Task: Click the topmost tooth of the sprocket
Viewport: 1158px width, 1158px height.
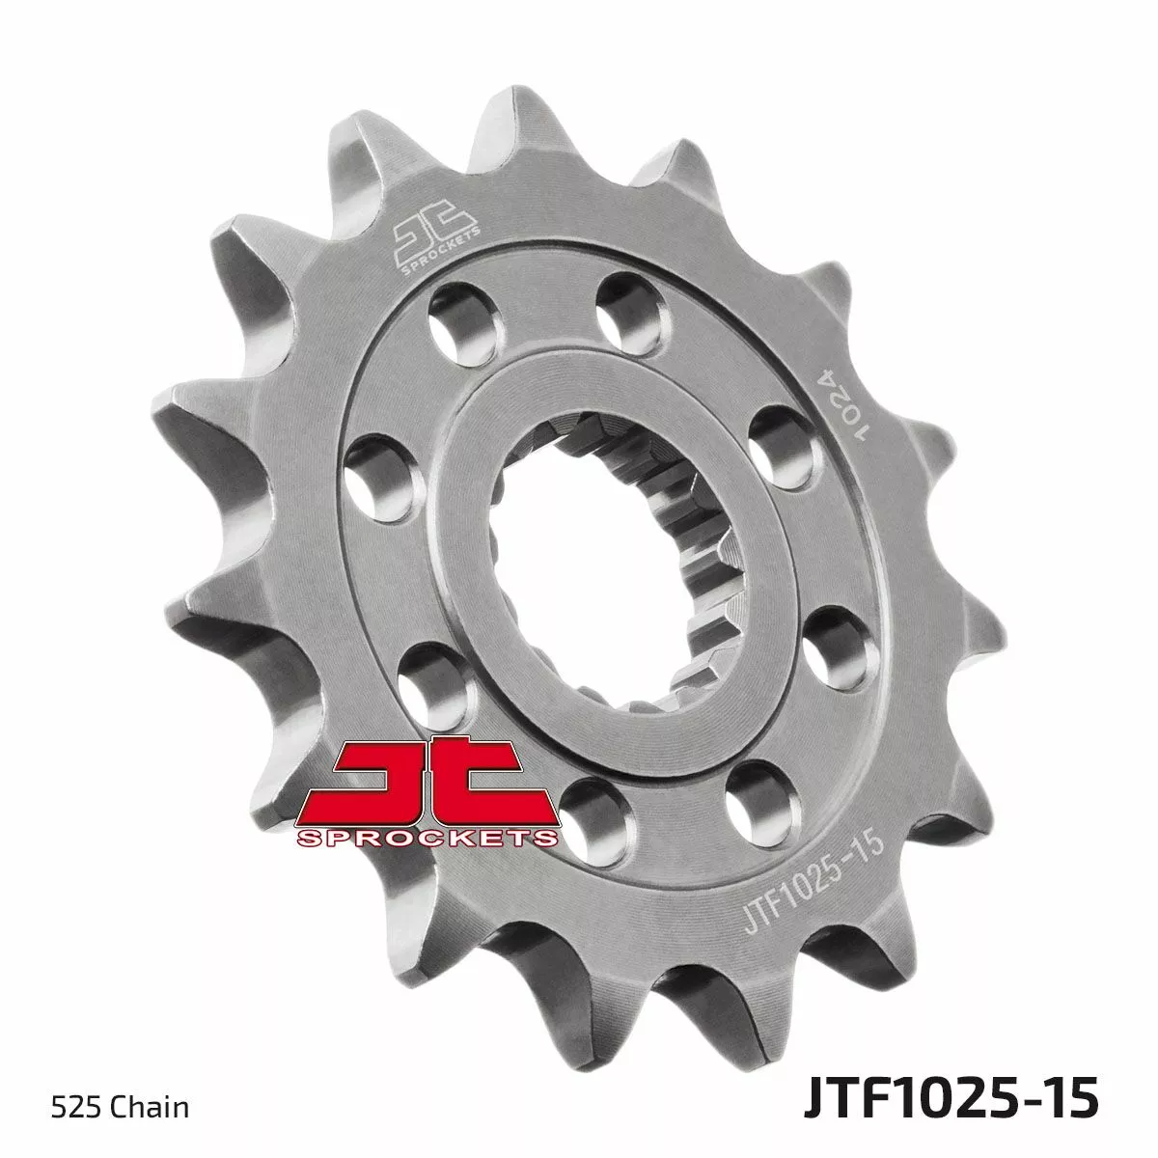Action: click(x=516, y=118)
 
